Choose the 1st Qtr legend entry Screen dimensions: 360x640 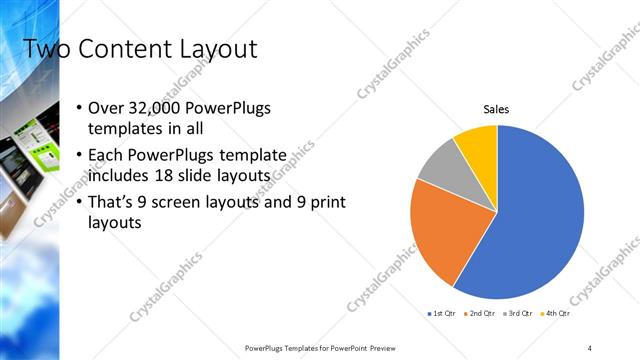point(442,314)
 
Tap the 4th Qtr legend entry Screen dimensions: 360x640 point(555,314)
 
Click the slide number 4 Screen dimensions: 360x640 point(590,347)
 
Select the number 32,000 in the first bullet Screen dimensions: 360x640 point(153,108)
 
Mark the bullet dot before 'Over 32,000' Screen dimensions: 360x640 point(80,108)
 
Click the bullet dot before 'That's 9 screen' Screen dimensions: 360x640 point(80,203)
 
